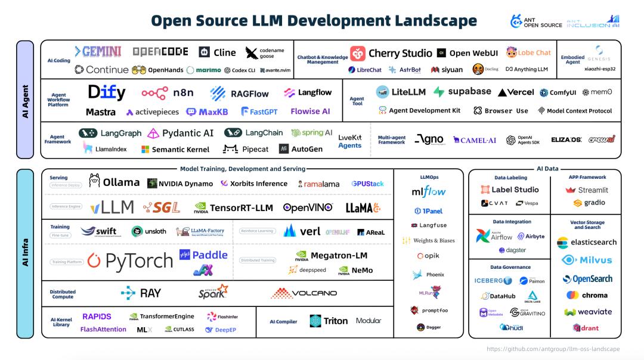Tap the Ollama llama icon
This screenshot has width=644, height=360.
(x=94, y=181)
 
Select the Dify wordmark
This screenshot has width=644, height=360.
(x=107, y=92)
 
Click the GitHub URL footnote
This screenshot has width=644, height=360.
(x=553, y=349)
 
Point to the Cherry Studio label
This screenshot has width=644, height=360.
(x=400, y=53)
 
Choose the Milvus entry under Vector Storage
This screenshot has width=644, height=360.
(x=587, y=260)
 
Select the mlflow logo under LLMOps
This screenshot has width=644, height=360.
(x=428, y=192)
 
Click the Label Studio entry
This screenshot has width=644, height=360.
(x=510, y=190)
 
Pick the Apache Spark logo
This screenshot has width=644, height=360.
(x=213, y=292)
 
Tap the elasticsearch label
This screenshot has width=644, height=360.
(x=587, y=243)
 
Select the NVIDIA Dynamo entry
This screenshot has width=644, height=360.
(x=181, y=184)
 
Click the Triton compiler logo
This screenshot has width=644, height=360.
(x=329, y=321)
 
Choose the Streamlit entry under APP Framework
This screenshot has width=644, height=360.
(x=587, y=190)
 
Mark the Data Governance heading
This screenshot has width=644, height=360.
(x=510, y=267)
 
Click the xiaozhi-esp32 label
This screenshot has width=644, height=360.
(x=599, y=69)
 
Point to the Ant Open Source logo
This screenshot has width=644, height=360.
(x=536, y=21)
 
